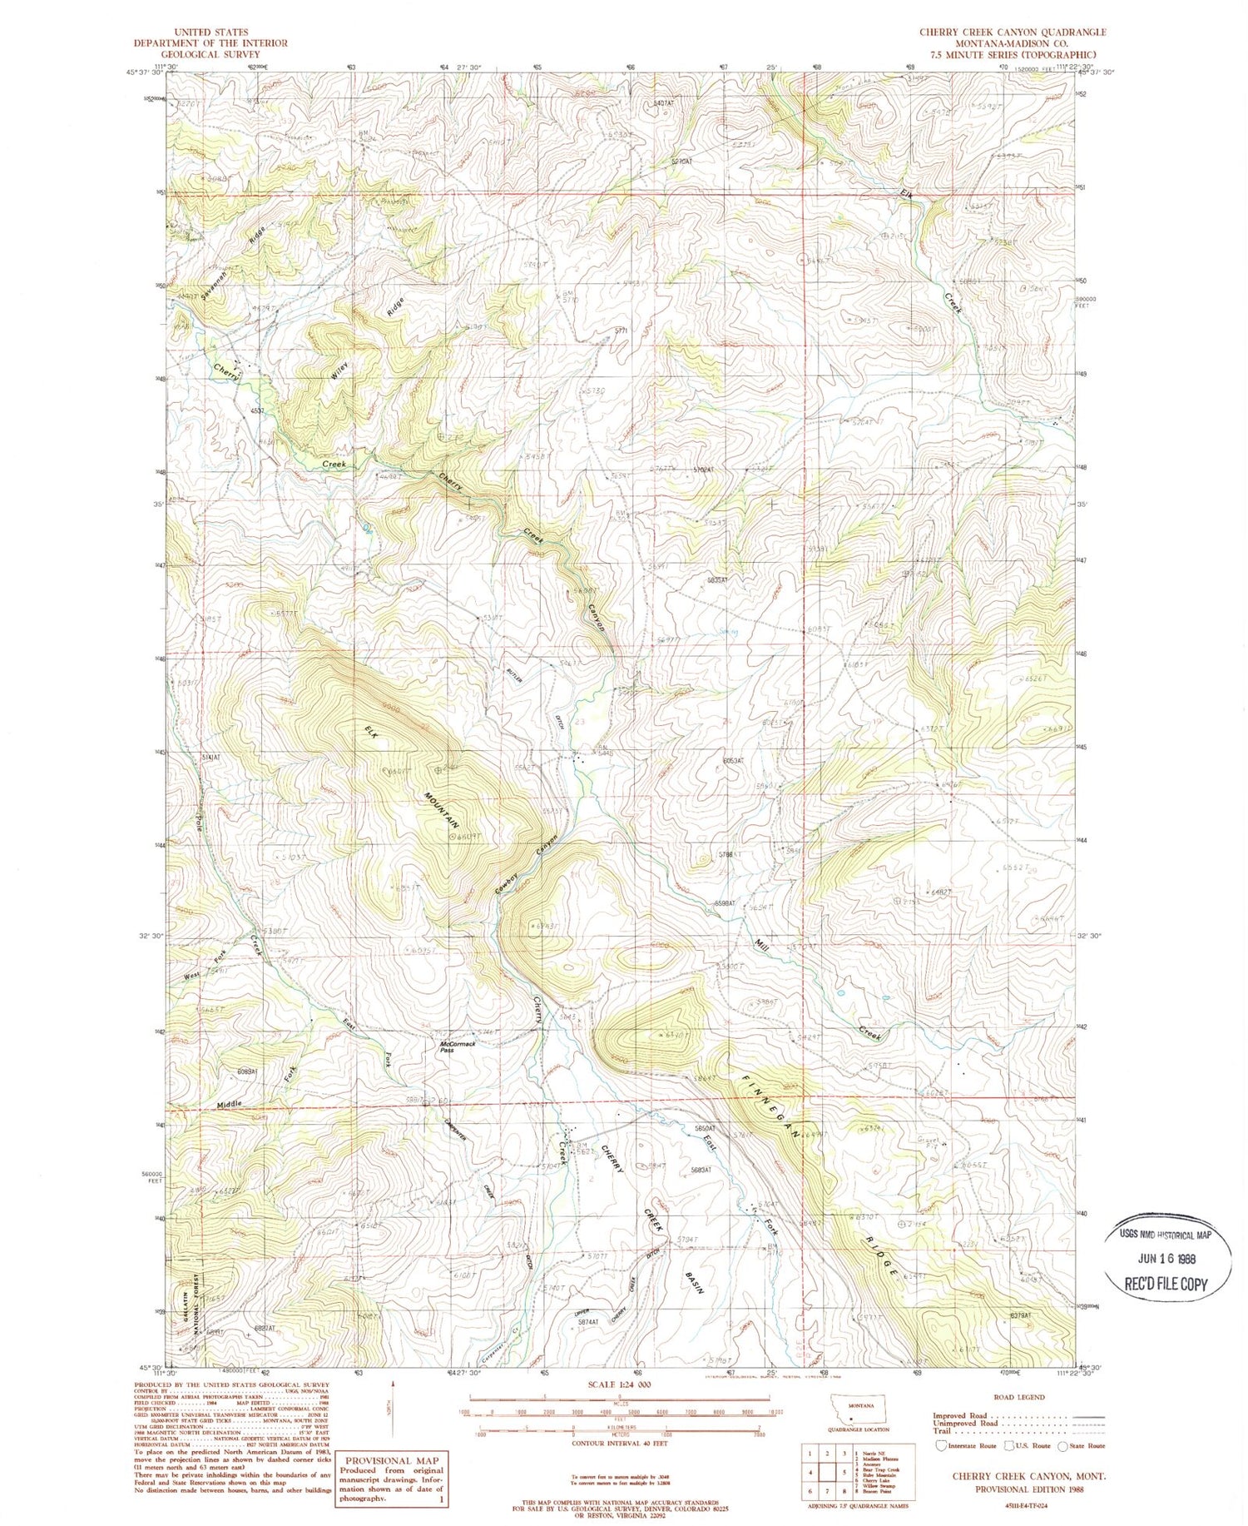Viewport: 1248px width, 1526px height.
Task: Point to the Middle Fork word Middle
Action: [x=230, y=1104]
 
